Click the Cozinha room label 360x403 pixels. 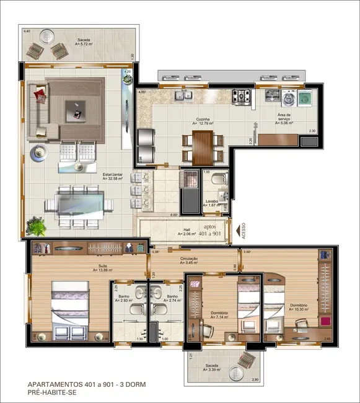[x=203, y=119]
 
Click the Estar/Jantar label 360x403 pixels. [x=113, y=175]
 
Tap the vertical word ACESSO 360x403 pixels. [x=243, y=231]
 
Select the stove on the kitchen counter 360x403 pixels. [x=241, y=97]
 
